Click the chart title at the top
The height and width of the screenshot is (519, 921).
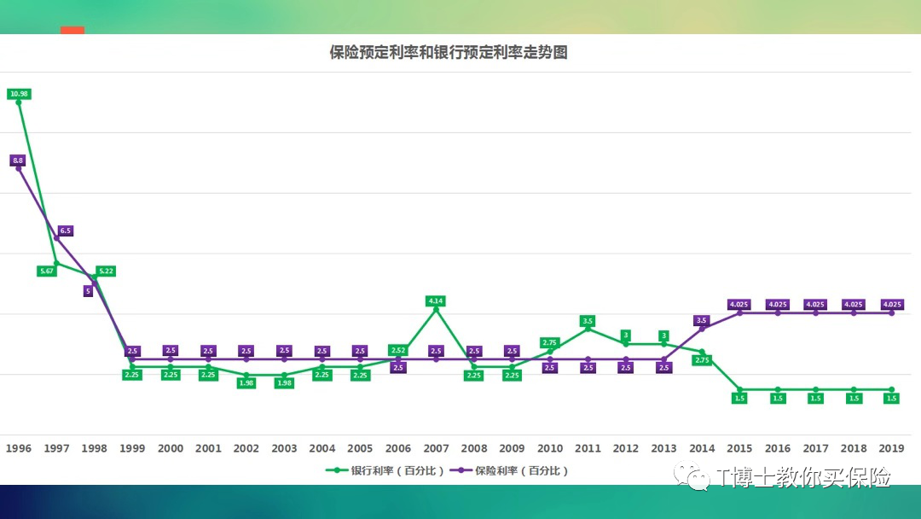click(449, 53)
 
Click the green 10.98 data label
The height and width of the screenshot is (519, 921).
click(19, 94)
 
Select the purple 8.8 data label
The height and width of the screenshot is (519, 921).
click(18, 160)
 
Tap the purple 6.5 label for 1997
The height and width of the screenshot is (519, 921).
click(66, 230)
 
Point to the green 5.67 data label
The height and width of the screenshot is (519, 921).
click(47, 271)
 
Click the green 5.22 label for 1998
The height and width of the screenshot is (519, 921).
click(106, 271)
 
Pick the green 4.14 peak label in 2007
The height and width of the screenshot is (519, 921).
click(436, 301)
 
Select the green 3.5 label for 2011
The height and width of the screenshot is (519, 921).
click(588, 321)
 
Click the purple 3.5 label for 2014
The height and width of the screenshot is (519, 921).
click(702, 321)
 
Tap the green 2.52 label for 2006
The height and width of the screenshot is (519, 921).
click(398, 350)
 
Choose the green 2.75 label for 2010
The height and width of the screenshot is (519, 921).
click(550, 342)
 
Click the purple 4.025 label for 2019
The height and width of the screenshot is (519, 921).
click(891, 305)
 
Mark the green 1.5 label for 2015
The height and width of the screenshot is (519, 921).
click(739, 399)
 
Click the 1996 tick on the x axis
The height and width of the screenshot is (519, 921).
click(19, 448)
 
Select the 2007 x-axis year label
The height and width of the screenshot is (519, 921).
click(436, 448)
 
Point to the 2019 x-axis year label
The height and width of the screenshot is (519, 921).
click(891, 448)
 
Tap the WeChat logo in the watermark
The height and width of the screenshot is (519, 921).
click(692, 477)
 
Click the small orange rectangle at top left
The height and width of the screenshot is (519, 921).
click(72, 30)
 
